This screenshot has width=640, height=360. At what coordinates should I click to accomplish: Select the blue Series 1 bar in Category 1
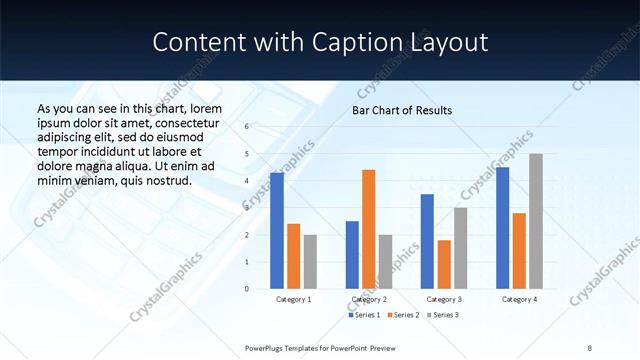tap(277, 231)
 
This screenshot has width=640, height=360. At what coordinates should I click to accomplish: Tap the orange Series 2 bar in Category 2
tap(368, 229)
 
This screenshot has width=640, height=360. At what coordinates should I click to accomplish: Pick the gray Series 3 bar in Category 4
tap(536, 221)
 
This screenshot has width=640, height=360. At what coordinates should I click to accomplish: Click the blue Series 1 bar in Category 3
tap(427, 241)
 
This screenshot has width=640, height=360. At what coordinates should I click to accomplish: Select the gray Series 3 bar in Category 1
tap(310, 262)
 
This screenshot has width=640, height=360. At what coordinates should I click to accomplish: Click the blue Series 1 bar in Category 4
tap(502, 228)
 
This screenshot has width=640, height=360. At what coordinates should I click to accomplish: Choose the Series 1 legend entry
tap(364, 315)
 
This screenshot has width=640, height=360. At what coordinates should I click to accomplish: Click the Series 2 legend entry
tap(403, 315)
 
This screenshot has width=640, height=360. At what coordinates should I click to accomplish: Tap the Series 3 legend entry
tap(441, 315)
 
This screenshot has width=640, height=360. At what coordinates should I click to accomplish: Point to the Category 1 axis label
tap(294, 299)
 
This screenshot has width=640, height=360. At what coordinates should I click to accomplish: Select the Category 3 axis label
tap(443, 299)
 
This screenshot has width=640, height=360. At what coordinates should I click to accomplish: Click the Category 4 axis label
tap(519, 299)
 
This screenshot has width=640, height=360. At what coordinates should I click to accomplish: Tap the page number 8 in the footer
tap(589, 347)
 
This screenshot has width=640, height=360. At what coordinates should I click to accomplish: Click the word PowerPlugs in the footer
tap(268, 347)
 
